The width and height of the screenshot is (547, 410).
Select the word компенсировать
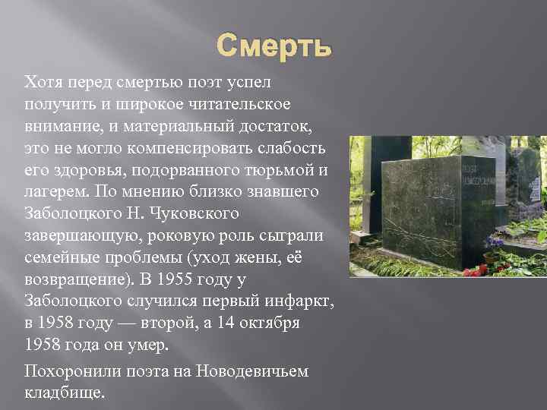click(x=163, y=146)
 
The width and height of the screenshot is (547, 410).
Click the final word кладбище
click(x=64, y=393)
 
